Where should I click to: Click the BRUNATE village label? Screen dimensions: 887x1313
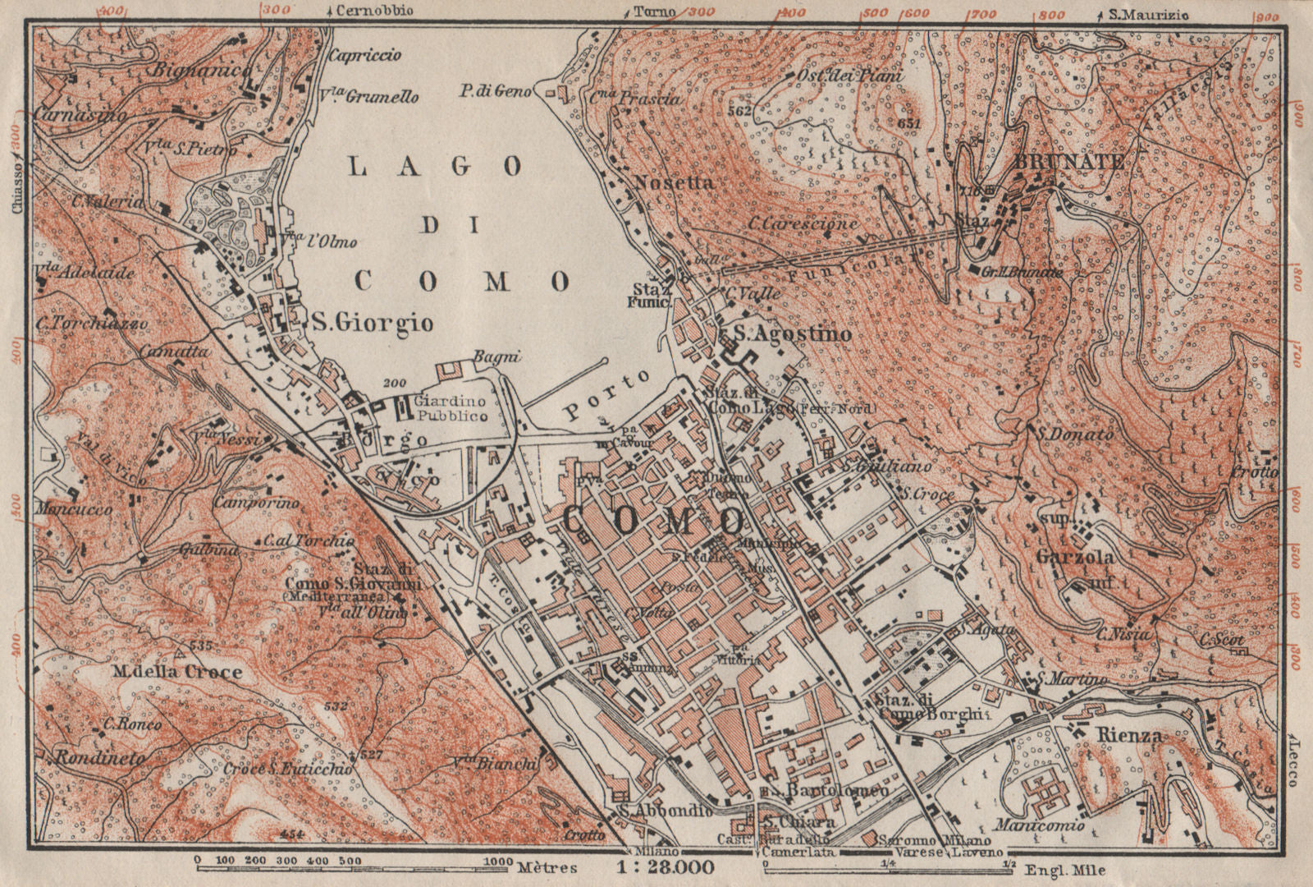[x=1058, y=163]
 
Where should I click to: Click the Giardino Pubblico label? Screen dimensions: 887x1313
[x=451, y=409]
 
